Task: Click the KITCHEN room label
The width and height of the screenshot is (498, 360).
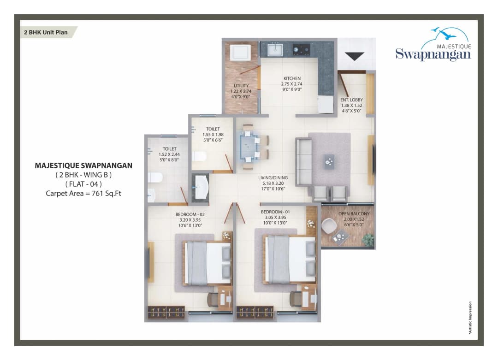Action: click(x=292, y=78)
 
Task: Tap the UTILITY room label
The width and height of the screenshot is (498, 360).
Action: click(x=241, y=86)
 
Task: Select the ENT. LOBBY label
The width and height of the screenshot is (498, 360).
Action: click(x=350, y=99)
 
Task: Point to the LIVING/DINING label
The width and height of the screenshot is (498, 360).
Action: click(x=273, y=177)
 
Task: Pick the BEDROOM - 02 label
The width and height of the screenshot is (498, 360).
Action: click(x=190, y=214)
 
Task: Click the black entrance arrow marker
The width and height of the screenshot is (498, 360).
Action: click(x=355, y=56)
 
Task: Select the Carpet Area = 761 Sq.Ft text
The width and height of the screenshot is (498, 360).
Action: click(x=83, y=193)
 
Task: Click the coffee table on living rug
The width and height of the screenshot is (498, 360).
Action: click(x=329, y=160)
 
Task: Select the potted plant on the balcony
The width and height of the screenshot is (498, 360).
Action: click(x=368, y=239)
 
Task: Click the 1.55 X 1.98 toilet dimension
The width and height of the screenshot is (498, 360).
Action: click(x=213, y=134)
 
